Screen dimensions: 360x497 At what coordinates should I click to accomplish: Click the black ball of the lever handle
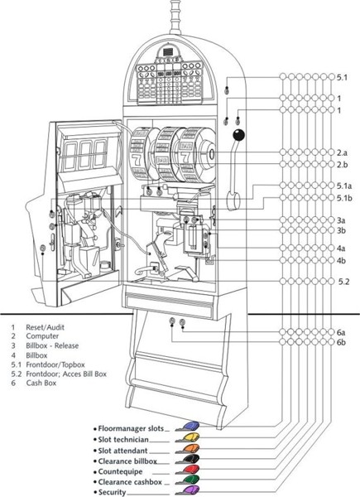[238, 135]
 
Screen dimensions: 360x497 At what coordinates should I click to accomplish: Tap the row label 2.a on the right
[342, 152]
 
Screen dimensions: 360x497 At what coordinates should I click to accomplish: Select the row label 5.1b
[344, 198]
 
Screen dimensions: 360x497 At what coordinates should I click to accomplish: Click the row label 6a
[341, 332]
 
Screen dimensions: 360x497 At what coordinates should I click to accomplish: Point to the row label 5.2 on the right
[343, 282]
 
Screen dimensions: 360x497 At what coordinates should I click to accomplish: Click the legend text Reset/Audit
[45, 327]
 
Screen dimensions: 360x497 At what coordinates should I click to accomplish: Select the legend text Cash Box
[41, 383]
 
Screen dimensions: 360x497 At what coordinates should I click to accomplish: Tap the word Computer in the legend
[42, 336]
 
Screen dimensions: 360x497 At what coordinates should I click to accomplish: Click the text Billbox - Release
[52, 345]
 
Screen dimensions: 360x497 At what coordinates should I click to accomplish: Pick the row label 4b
[341, 261]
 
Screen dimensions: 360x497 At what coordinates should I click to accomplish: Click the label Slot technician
[123, 440]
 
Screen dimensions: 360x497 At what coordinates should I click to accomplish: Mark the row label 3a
[341, 220]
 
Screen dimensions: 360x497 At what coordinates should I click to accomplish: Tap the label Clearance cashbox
[130, 482]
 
